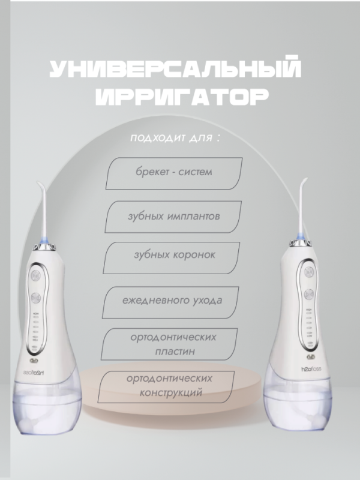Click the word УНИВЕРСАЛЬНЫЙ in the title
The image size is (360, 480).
click(x=174, y=70)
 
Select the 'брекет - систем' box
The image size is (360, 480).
click(x=173, y=172)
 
